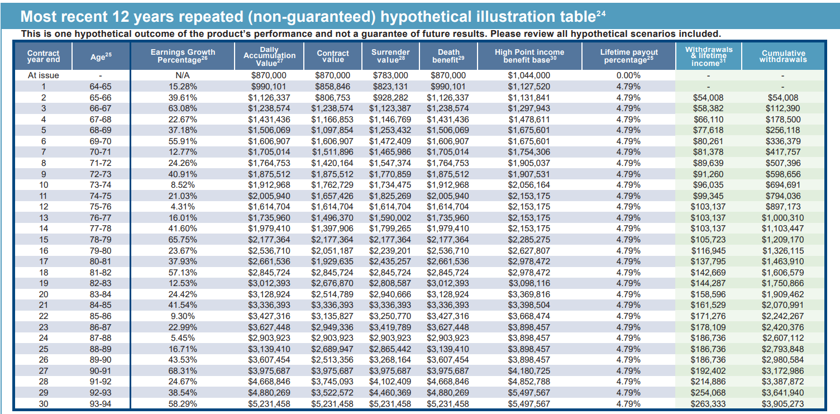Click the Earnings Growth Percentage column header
(x=183, y=56)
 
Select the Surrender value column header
(x=390, y=56)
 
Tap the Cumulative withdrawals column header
(x=783, y=56)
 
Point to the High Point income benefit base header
(x=529, y=56)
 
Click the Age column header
(x=101, y=56)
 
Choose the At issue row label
(x=43, y=75)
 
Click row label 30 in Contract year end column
(x=44, y=404)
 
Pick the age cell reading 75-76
(x=101, y=207)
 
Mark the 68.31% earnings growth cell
(x=183, y=371)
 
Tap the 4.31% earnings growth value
(x=183, y=207)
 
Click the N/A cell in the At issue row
(x=183, y=75)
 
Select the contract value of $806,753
(x=333, y=98)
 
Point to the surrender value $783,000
(x=390, y=75)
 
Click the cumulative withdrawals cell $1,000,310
(x=782, y=218)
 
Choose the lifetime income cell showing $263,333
(x=708, y=404)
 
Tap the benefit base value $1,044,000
(x=529, y=75)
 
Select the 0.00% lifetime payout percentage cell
(x=628, y=75)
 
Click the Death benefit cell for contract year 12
(x=448, y=207)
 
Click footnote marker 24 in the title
(x=601, y=13)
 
